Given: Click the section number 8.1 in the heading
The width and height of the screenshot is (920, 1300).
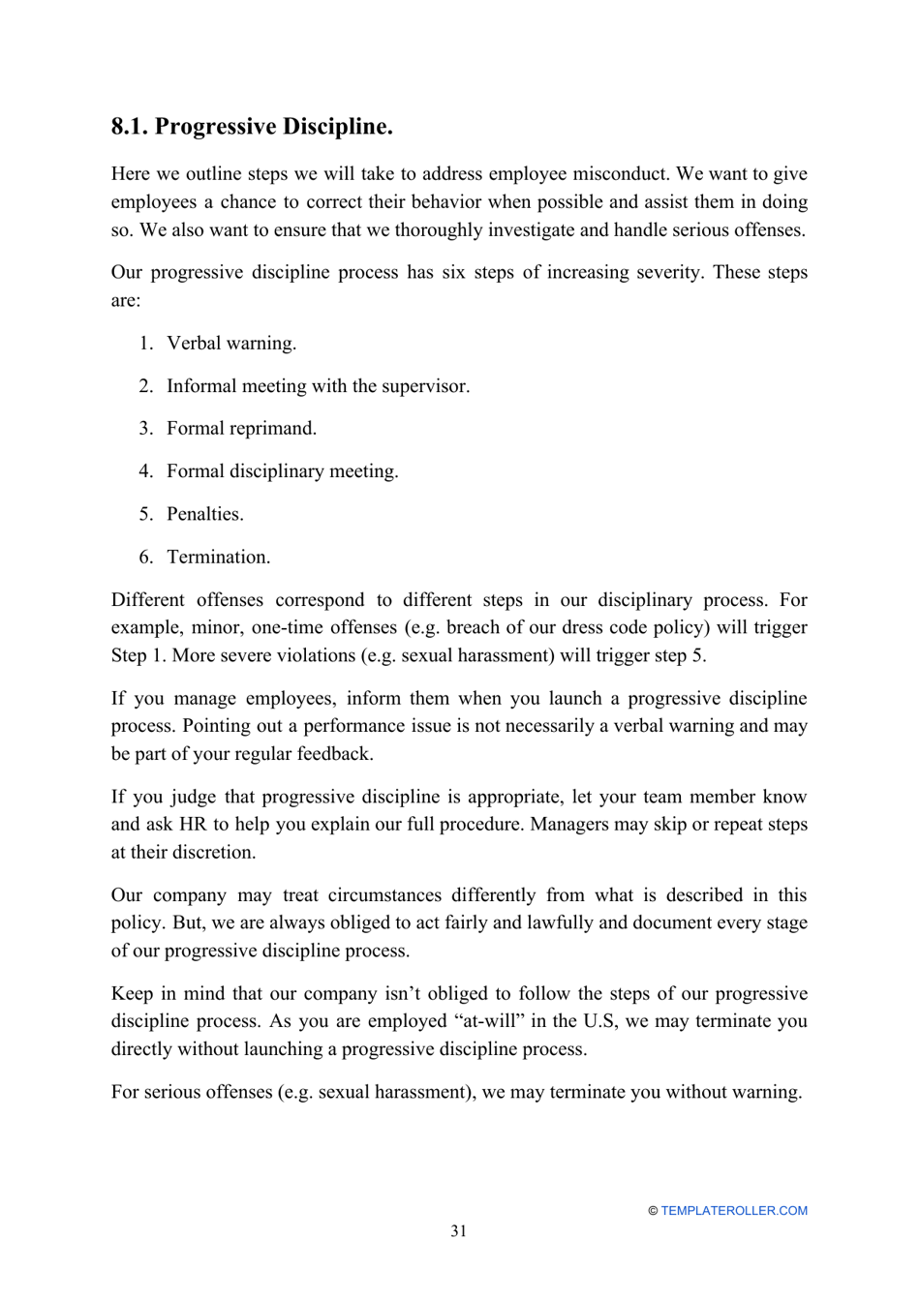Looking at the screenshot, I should (129, 127).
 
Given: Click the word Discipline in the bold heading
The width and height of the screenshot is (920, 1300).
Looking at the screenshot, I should (342, 127).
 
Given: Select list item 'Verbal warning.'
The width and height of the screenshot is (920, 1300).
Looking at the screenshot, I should (231, 344).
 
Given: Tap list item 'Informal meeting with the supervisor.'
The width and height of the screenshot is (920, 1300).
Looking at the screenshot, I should (318, 386).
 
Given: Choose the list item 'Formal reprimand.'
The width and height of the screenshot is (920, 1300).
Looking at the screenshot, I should (241, 429).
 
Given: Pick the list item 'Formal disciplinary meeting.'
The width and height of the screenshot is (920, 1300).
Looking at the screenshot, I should (282, 471).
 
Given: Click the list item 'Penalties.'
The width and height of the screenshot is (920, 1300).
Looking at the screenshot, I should (204, 514).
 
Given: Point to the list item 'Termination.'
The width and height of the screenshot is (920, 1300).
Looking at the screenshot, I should (218, 558).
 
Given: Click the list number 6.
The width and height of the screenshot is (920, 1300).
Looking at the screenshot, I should (145, 558).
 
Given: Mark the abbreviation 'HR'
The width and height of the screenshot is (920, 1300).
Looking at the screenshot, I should (192, 825).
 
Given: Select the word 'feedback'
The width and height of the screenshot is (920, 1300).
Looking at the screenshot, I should (334, 754).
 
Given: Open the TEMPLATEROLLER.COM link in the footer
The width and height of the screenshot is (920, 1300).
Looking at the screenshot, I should (733, 1211).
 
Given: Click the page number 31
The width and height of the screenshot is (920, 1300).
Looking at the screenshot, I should (459, 1231).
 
